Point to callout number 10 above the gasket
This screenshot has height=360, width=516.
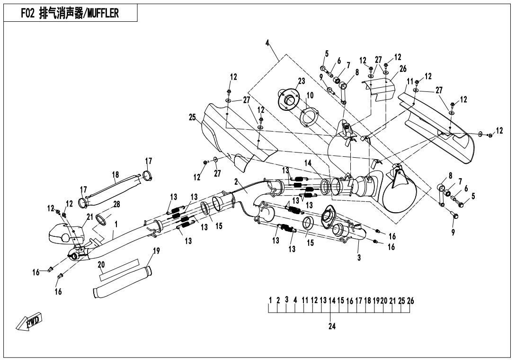(x=310, y=95)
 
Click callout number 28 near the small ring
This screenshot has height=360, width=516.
(x=116, y=204)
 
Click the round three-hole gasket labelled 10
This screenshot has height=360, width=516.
(x=309, y=117)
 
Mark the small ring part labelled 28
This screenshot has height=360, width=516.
(x=103, y=219)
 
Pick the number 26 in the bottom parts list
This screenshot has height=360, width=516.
(x=410, y=300)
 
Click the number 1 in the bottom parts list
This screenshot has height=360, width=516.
(x=270, y=300)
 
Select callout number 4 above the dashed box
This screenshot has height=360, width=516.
(x=267, y=43)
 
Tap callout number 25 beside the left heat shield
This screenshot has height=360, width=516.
(x=192, y=117)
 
